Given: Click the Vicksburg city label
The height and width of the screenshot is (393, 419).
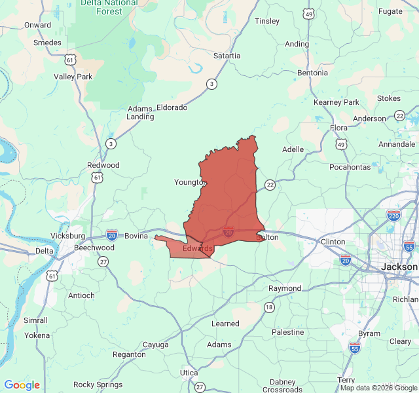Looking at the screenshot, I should click(x=68, y=235).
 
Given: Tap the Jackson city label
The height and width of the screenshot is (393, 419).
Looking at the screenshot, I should click(x=399, y=267).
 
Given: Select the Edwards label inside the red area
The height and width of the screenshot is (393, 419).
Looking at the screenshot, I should click(x=197, y=248).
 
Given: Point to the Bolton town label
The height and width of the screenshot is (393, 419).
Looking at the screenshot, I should click(x=267, y=237).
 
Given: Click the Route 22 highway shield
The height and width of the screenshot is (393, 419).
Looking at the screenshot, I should click(x=270, y=185).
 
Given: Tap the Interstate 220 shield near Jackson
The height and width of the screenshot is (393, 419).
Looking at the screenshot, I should click(x=393, y=215).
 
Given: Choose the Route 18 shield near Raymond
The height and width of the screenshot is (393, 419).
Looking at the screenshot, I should click(x=269, y=307).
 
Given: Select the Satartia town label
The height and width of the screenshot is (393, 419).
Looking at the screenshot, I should click(x=227, y=56).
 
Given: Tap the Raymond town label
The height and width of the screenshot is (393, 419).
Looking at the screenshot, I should click(x=285, y=288).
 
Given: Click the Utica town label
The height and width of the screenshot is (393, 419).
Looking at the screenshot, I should click(x=189, y=372).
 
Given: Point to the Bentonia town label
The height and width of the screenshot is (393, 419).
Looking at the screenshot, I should click(x=312, y=73).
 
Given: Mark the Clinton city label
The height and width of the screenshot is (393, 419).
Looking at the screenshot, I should click(x=333, y=242).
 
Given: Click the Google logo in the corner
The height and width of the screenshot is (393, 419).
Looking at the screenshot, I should click(x=22, y=385).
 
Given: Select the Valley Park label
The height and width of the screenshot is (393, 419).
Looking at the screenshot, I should click(x=73, y=77).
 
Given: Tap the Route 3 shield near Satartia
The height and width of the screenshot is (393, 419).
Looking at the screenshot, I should click(x=211, y=84).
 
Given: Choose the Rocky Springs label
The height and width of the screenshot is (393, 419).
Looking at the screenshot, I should click(x=98, y=384).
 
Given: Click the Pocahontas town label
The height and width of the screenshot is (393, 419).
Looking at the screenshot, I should click(x=350, y=167).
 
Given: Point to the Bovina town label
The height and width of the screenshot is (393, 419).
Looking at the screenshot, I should click(x=136, y=236).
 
